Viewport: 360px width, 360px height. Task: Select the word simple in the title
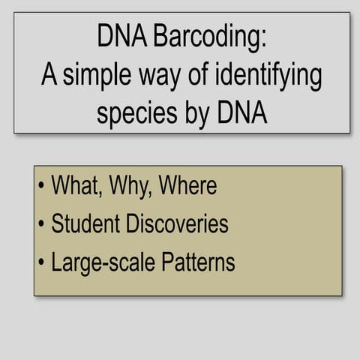pyautogui.click(x=96, y=75)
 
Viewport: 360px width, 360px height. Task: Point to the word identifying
pyautogui.click(x=262, y=75)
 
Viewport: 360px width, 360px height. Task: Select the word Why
pyautogui.click(x=132, y=185)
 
